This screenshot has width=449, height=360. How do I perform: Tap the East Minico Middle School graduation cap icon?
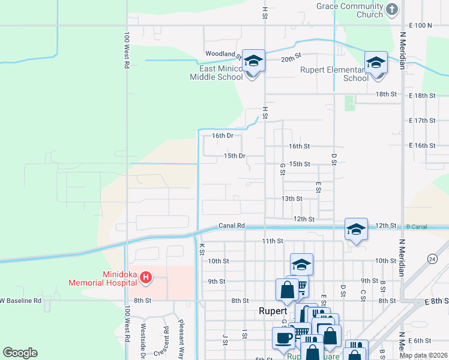pyautogui.click(x=253, y=61)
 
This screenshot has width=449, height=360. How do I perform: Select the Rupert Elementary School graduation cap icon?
pyautogui.click(x=376, y=62)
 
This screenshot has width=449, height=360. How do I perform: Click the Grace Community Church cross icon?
pyautogui.click(x=392, y=9)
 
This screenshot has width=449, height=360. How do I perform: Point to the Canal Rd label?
pyautogui.click(x=232, y=226)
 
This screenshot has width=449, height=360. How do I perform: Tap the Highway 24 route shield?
pyautogui.click(x=432, y=259)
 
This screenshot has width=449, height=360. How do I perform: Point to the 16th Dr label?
pyautogui.click(x=222, y=136)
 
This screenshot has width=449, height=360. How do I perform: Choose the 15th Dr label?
pyautogui.click(x=235, y=156)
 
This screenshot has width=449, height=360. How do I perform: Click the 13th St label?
pyautogui.click(x=291, y=199)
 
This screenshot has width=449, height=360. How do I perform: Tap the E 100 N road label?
pyautogui.click(x=420, y=25)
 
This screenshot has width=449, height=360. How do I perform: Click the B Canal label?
pyautogui.click(x=415, y=226)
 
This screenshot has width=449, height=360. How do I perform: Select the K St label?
pyautogui.click(x=202, y=248)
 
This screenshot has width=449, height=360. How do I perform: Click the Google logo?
pyautogui.click(x=20, y=353)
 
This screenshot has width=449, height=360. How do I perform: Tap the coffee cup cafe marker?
pyautogui.click(x=284, y=337)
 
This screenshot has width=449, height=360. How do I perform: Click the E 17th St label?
pyautogui.click(x=422, y=121)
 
